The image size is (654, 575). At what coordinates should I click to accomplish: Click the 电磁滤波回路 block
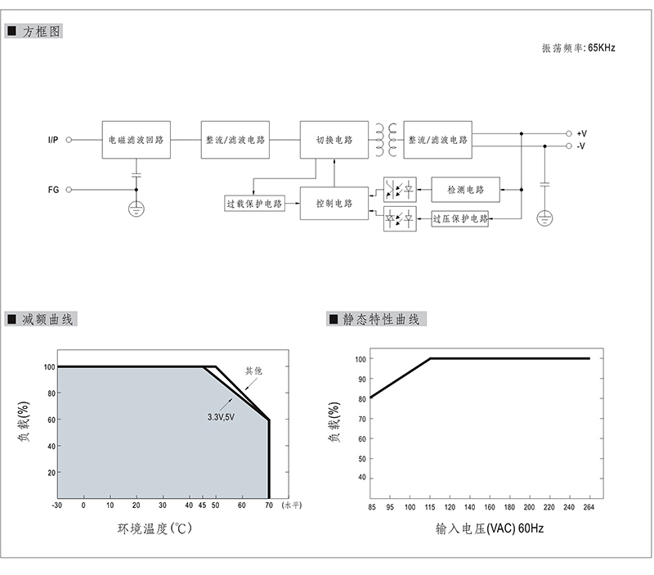coord(136,140)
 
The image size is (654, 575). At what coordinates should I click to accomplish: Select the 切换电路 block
coord(334,140)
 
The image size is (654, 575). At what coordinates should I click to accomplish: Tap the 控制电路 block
coord(334,203)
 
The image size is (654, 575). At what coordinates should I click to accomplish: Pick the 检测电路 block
coord(465,190)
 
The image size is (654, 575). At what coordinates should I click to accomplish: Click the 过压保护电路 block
coord(460,218)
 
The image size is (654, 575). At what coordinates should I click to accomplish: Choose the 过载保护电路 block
coord(254,204)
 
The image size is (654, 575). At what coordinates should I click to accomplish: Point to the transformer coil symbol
coord(386,140)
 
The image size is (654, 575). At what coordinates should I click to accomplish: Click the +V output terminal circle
coord(568,133)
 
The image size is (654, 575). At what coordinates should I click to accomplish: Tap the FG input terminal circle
coord(69,190)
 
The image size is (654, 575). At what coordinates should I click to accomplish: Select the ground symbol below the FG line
coord(137,209)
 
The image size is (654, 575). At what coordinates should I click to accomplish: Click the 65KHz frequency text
coord(602,48)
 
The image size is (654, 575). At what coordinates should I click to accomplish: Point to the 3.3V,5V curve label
coord(221,417)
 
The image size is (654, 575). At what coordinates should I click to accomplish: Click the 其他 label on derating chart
coord(253,371)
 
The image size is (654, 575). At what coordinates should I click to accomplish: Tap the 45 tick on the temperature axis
coord(202,505)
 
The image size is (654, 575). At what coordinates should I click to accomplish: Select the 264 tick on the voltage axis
coord(589,507)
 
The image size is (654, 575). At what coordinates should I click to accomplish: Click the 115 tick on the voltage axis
coord(430,507)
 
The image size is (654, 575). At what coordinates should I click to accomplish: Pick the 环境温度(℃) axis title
coord(155,528)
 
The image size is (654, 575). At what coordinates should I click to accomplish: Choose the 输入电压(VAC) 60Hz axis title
coord(490,528)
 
